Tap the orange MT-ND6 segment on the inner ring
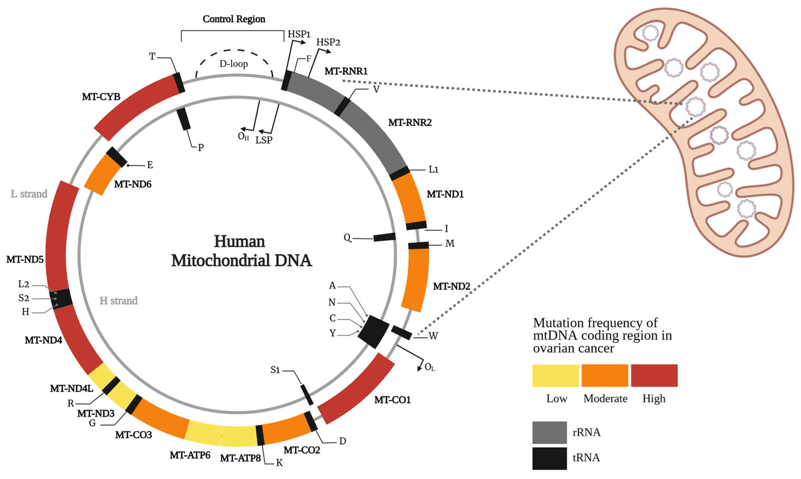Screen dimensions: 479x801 click(x=102, y=175)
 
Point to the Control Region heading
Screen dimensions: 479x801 click(x=234, y=19)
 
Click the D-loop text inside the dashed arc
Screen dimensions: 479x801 click(x=234, y=64)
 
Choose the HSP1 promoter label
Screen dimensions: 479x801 click(x=299, y=34)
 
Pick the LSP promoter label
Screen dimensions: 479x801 click(x=264, y=140)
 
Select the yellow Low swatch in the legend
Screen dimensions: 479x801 click(x=555, y=375)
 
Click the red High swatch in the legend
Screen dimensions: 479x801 click(x=654, y=375)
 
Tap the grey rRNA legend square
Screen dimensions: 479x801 click(x=549, y=432)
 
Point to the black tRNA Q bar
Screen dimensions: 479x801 click(x=384, y=237)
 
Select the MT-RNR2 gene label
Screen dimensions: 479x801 click(x=410, y=123)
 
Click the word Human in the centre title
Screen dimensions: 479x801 click(x=239, y=242)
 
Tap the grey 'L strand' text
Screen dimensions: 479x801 click(x=29, y=194)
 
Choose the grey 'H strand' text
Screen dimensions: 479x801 click(x=118, y=301)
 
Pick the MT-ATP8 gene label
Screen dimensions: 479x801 click(x=240, y=458)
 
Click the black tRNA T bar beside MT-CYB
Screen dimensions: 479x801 click(x=179, y=83)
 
